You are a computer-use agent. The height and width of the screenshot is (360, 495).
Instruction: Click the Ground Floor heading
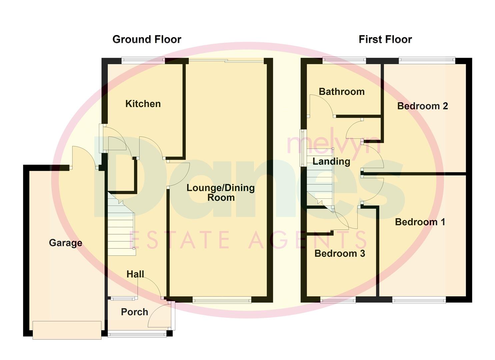click(147, 39)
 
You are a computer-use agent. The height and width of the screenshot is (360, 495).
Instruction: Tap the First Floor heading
click(385, 39)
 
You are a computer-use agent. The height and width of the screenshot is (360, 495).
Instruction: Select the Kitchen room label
click(143, 104)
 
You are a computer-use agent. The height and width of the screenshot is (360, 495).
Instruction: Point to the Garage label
click(66, 243)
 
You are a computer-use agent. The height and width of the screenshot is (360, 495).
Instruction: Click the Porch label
click(134, 312)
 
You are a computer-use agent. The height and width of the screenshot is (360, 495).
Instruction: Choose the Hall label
click(135, 274)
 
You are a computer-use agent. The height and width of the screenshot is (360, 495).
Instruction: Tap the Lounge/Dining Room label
click(221, 192)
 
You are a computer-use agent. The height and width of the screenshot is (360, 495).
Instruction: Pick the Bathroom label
click(342, 92)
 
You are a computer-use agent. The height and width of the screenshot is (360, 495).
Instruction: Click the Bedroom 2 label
click(422, 106)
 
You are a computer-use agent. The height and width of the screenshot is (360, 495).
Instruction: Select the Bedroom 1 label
click(420, 222)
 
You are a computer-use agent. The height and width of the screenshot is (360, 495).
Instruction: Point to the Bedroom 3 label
click(340, 253)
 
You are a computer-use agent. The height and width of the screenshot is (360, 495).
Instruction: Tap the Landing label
click(331, 162)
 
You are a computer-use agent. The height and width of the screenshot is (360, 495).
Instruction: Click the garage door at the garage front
click(67, 330)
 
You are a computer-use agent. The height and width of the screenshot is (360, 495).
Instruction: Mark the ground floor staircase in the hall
click(121, 227)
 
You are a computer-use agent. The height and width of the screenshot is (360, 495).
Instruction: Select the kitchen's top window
click(143, 60)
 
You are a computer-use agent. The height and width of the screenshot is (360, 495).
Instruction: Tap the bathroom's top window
click(344, 60)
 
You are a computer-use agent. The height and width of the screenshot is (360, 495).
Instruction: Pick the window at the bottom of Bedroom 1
click(419, 300)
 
